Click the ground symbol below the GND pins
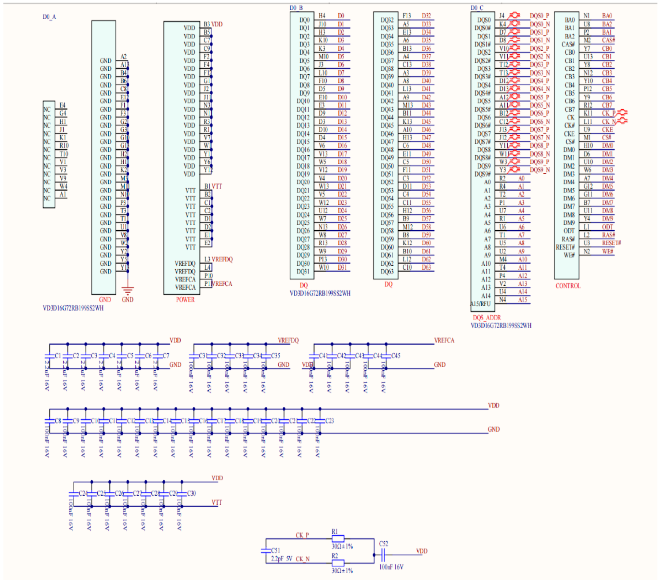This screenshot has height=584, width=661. (x=128, y=291)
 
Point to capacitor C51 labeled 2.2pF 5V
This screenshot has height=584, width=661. (x=266, y=550)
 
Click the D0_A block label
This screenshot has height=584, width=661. (x=49, y=17)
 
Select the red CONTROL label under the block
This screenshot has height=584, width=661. (x=567, y=286)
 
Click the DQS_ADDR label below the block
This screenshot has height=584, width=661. (x=486, y=318)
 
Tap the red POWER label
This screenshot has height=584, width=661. (x=185, y=300)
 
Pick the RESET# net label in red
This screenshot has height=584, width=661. (x=611, y=243)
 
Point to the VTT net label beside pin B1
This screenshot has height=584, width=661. (x=217, y=186)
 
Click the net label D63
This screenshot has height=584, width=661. (x=426, y=267)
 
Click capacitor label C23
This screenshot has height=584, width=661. (x=329, y=421)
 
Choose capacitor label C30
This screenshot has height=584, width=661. (x=192, y=493)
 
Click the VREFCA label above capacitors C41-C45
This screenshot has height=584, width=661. (x=444, y=340)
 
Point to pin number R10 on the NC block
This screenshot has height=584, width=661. (x=64, y=146)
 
